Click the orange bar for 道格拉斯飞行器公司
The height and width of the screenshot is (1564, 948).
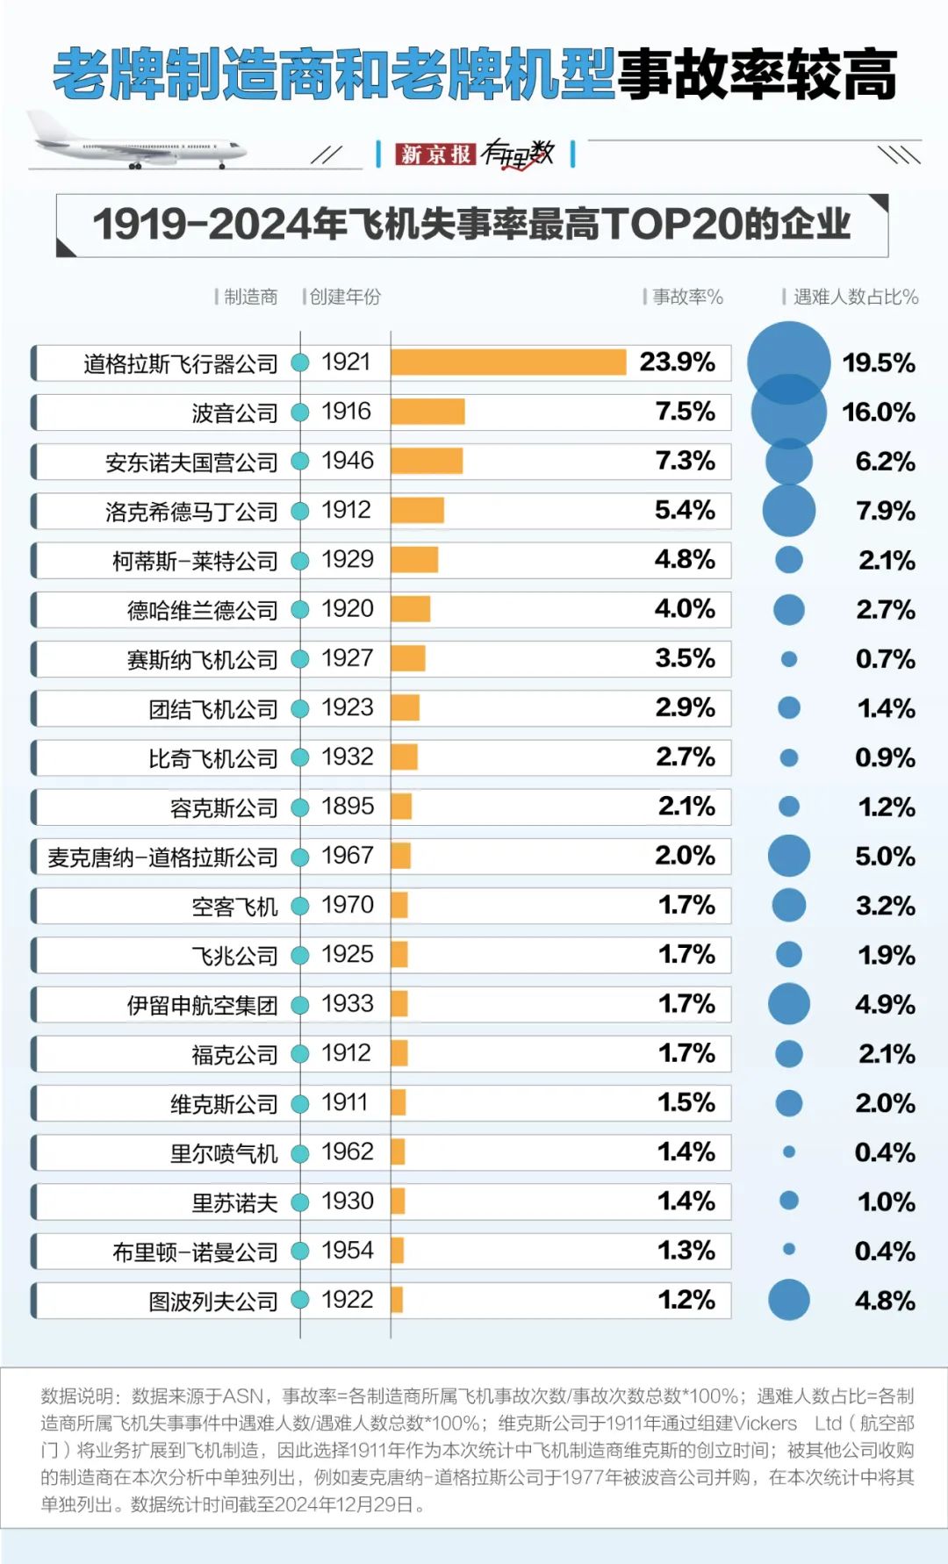coord(508,362)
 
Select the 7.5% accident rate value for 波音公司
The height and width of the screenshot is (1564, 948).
coord(685,412)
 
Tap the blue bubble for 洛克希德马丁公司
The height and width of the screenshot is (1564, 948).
coord(788,510)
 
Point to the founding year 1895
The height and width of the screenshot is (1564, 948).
coord(348,806)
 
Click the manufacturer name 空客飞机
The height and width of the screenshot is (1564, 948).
coord(234,906)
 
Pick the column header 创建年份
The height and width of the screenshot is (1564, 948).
coord(345,297)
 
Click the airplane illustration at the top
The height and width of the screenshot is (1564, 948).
coord(136,141)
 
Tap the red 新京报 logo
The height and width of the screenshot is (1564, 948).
coord(434,154)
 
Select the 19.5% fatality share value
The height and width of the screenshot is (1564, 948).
coord(878,362)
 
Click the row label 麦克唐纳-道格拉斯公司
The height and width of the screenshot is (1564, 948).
coord(162,857)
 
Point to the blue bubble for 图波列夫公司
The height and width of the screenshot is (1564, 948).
coord(788,1300)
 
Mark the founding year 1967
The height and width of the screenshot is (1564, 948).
coord(348,855)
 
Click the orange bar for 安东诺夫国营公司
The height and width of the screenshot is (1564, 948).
coord(427,461)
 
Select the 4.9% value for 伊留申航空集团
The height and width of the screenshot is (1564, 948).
coord(885,1004)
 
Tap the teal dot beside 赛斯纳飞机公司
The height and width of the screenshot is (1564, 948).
coord(300,658)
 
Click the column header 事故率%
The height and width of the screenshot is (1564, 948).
coord(687,297)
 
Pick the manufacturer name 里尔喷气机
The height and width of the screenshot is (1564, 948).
coord(224,1152)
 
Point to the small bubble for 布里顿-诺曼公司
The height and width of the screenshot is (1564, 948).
coord(788,1249)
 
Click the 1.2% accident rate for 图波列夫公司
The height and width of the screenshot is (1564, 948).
coord(686,1300)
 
